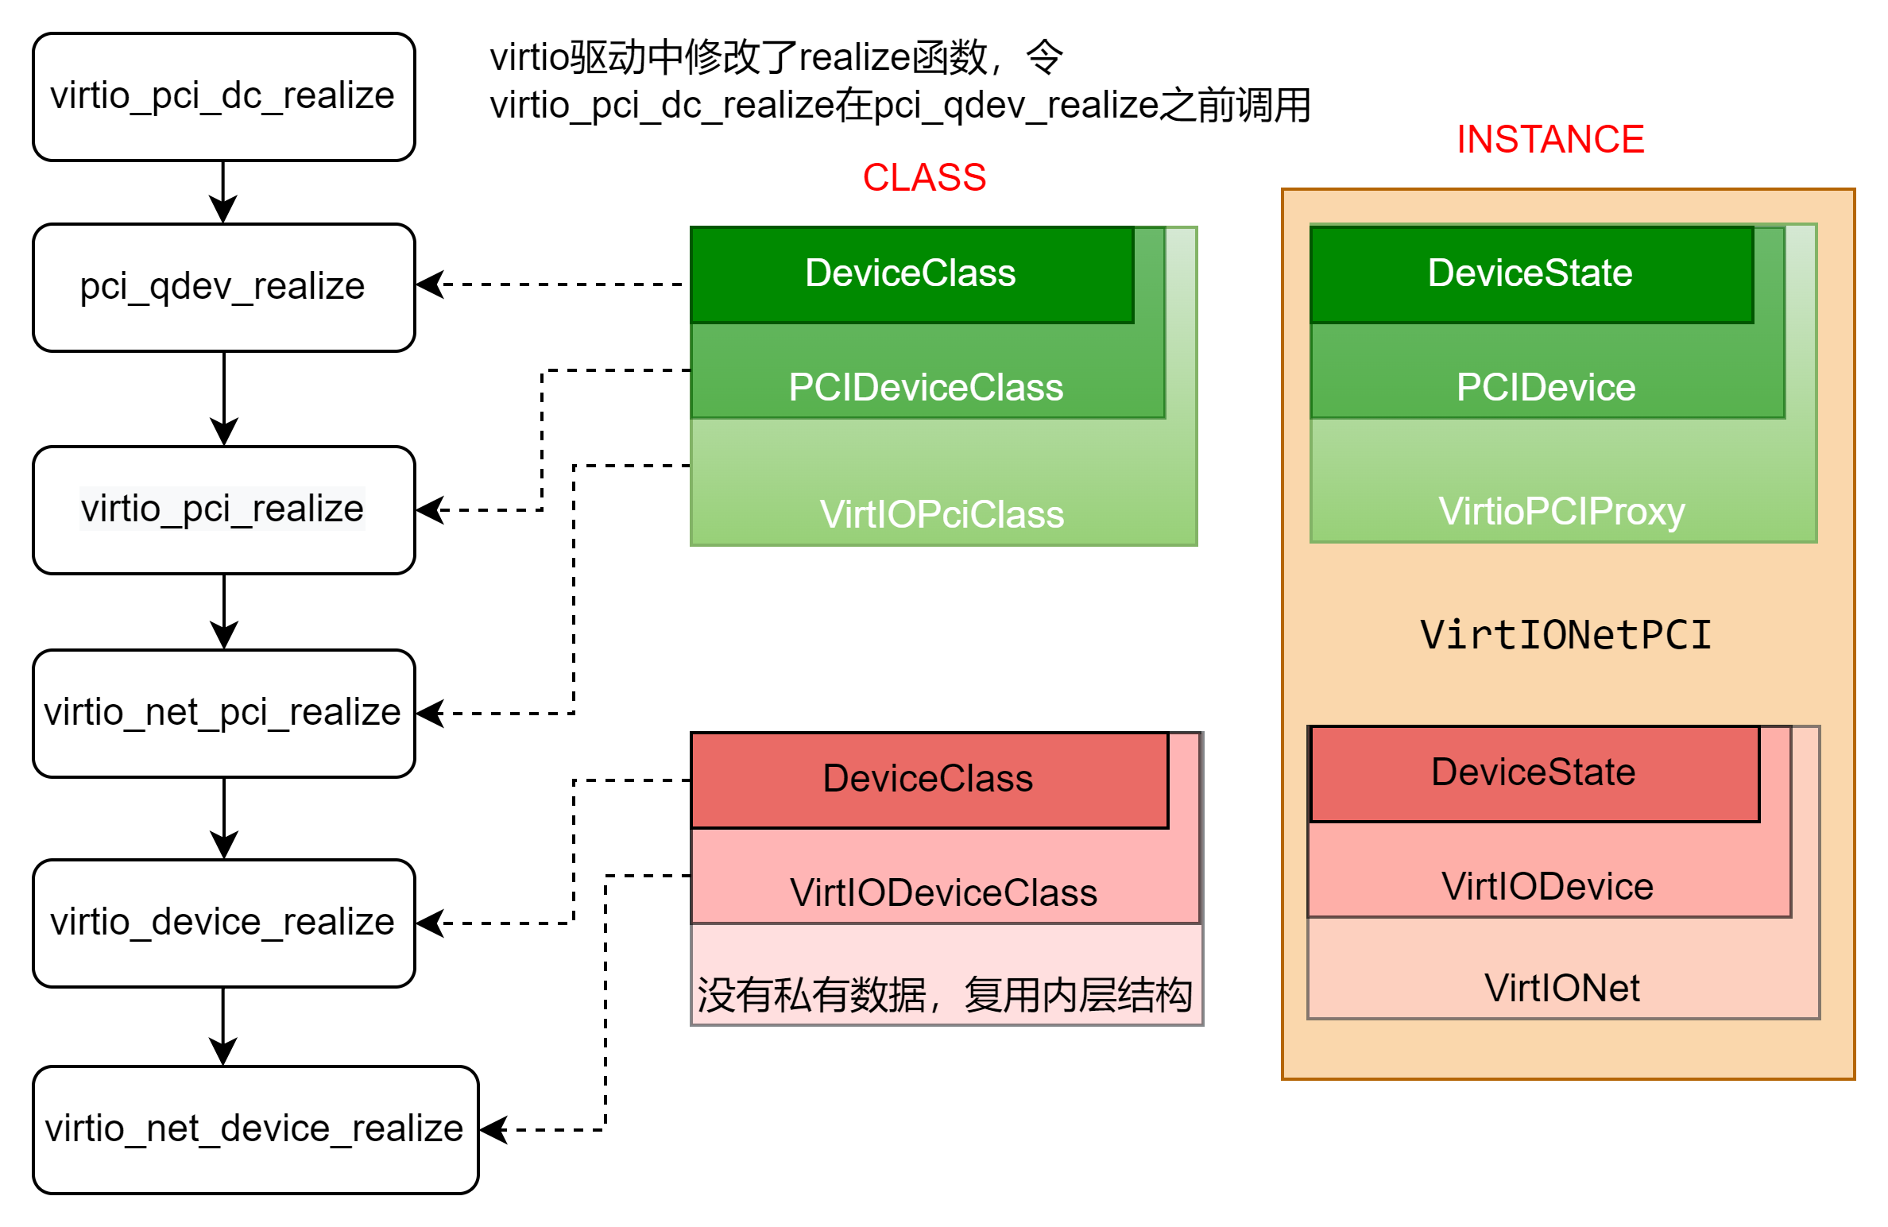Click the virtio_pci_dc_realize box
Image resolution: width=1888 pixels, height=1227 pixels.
(x=223, y=97)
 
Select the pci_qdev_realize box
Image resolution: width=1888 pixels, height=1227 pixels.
(x=223, y=287)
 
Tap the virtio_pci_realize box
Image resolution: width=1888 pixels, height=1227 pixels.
(x=223, y=509)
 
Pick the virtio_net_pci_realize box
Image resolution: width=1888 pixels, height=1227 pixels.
(x=223, y=713)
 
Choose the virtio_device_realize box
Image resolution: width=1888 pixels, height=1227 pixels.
(x=223, y=923)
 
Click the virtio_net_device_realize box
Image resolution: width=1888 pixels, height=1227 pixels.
(x=255, y=1129)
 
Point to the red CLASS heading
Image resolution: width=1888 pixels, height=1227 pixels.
(x=924, y=177)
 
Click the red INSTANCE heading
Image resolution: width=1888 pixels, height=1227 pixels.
(x=1549, y=139)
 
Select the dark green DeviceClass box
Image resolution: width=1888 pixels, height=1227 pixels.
(x=911, y=274)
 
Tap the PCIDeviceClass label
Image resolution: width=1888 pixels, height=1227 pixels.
(x=926, y=388)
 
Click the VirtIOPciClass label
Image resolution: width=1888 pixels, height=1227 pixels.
(x=942, y=514)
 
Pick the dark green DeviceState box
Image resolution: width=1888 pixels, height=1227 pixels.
(x=1530, y=274)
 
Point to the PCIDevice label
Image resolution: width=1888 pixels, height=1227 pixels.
(x=1546, y=388)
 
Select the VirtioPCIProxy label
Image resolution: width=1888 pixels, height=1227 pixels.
(x=1561, y=511)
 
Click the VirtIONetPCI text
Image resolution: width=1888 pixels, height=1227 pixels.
(x=1565, y=635)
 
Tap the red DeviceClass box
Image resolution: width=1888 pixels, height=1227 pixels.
(x=928, y=779)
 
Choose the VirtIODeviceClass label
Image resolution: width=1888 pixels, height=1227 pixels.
(x=943, y=892)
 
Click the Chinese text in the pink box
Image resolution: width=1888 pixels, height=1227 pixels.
(x=944, y=995)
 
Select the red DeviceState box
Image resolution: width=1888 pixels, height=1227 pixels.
(x=1534, y=772)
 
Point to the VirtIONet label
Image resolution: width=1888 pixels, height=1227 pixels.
(x=1561, y=989)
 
